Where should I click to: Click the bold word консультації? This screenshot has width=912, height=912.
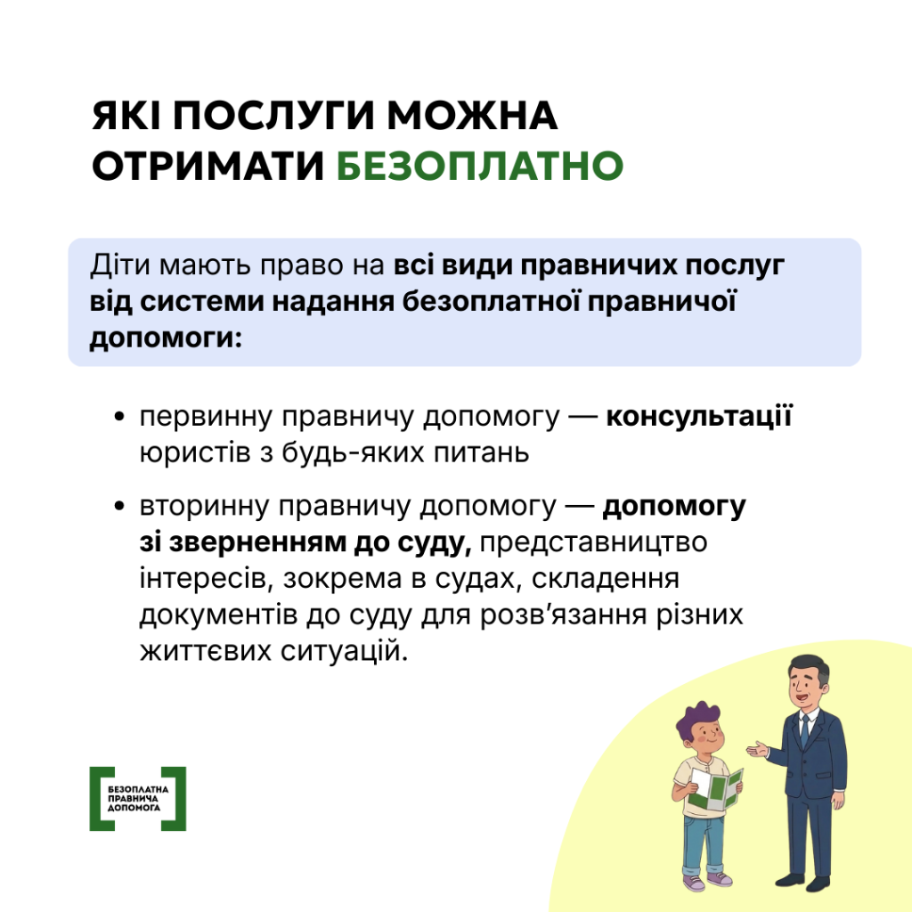point(698,418)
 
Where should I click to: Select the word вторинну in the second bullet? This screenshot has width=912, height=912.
point(203,507)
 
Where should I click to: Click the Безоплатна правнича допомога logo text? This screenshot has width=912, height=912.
point(137,799)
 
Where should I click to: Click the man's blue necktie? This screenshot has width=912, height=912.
point(804,731)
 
